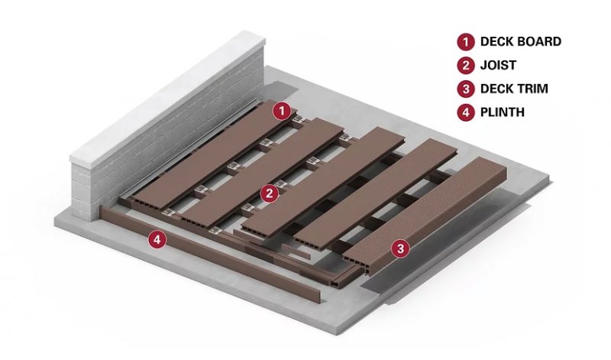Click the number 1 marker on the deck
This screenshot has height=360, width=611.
282,111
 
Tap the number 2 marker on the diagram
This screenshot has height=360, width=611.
270,193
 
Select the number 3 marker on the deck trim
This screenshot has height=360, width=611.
400,248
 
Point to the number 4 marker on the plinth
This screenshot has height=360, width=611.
157,239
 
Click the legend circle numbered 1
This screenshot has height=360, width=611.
466,42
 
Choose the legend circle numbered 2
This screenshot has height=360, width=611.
466,65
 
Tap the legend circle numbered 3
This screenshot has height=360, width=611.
466,89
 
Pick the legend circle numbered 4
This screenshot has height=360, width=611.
466,112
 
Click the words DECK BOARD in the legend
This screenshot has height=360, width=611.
521,42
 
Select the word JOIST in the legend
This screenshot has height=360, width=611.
498,65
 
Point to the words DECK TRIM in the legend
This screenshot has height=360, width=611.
514,89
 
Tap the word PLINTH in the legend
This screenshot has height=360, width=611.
503,112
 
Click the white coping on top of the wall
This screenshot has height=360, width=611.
167,98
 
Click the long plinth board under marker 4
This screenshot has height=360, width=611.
211,255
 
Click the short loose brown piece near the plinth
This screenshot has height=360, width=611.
296,251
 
